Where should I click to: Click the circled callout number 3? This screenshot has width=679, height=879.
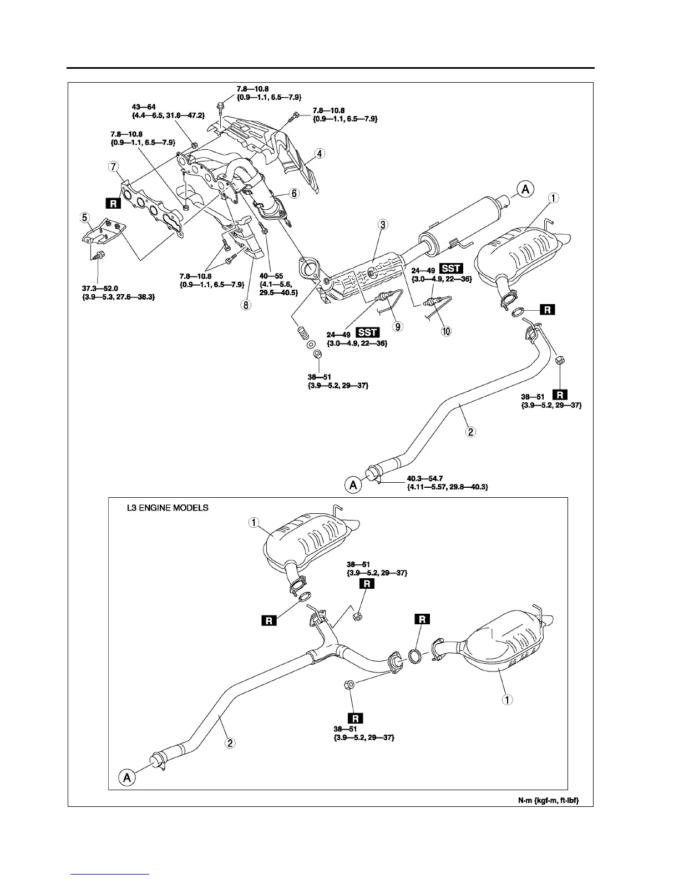tap(382, 225)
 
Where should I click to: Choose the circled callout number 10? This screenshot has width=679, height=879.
tap(446, 331)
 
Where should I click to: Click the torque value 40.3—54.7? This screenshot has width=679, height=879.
tap(422, 477)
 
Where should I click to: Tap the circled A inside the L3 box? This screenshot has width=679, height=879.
tap(126, 778)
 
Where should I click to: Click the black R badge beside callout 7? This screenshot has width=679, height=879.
tap(114, 204)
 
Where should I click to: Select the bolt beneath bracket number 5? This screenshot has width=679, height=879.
tap(98, 256)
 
